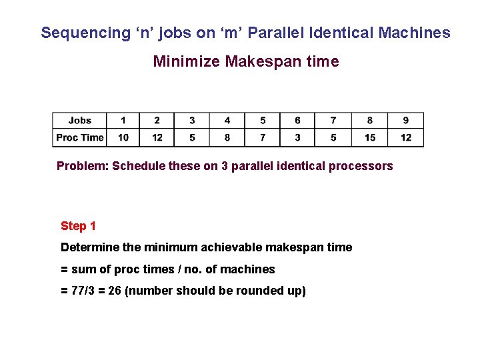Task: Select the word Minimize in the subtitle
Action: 187,62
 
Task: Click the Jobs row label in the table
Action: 80,121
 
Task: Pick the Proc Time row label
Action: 80,137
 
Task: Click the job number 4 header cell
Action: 227,121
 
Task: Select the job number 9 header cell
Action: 406,121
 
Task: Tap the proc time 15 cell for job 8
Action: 370,137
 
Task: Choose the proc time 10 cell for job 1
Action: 123,137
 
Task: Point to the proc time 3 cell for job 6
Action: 297,137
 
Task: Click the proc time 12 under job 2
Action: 157,137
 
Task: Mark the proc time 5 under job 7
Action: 333,137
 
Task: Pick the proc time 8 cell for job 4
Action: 227,137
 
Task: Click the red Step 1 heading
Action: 78,226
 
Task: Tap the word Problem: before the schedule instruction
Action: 83,166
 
